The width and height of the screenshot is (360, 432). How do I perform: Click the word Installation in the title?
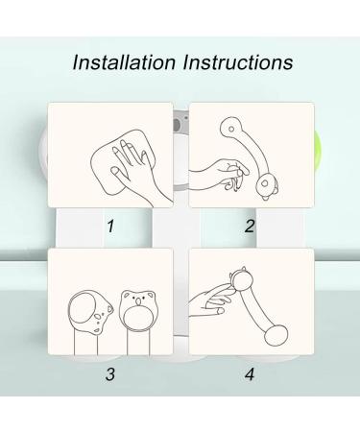click(124, 64)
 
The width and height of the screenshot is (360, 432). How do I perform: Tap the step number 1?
click(110, 228)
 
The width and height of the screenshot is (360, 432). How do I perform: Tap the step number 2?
click(250, 228)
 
